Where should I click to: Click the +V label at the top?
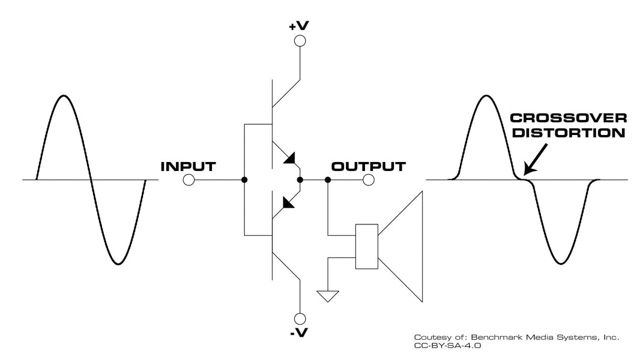299,27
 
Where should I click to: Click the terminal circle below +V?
299,41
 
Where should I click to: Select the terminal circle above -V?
299,319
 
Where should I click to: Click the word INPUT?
189,166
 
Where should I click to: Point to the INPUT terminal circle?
189,180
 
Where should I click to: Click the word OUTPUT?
369,166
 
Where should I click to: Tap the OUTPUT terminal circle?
369,180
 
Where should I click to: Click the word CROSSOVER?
568,118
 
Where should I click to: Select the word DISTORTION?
568,133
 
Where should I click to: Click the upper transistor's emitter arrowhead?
291,159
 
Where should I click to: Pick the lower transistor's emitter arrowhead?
289,202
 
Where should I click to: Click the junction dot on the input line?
244,180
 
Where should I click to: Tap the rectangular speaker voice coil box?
366,246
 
